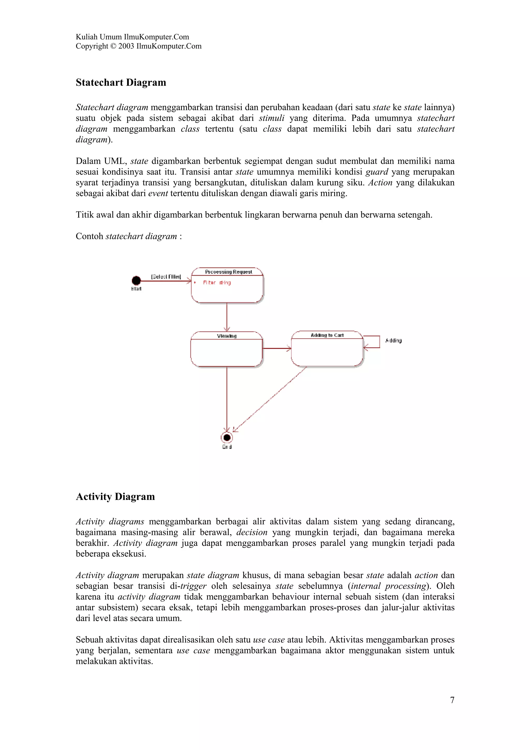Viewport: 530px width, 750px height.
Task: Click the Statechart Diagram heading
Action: (x=121, y=82)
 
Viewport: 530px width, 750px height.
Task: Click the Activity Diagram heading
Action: (x=115, y=497)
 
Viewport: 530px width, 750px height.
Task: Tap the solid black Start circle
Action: (x=136, y=280)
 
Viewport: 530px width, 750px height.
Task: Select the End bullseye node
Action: (x=227, y=437)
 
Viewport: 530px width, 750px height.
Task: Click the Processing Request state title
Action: (x=228, y=272)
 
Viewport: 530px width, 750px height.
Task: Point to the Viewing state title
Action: (x=227, y=336)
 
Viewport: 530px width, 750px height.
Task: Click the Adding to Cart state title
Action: (x=327, y=335)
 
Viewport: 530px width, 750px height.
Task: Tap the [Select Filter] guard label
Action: (x=166, y=277)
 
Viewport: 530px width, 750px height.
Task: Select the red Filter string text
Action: (x=217, y=283)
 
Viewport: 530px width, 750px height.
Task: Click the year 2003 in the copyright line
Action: (x=126, y=46)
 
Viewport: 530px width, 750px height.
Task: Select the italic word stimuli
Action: (x=271, y=118)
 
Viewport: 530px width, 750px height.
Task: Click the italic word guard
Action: (x=377, y=172)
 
